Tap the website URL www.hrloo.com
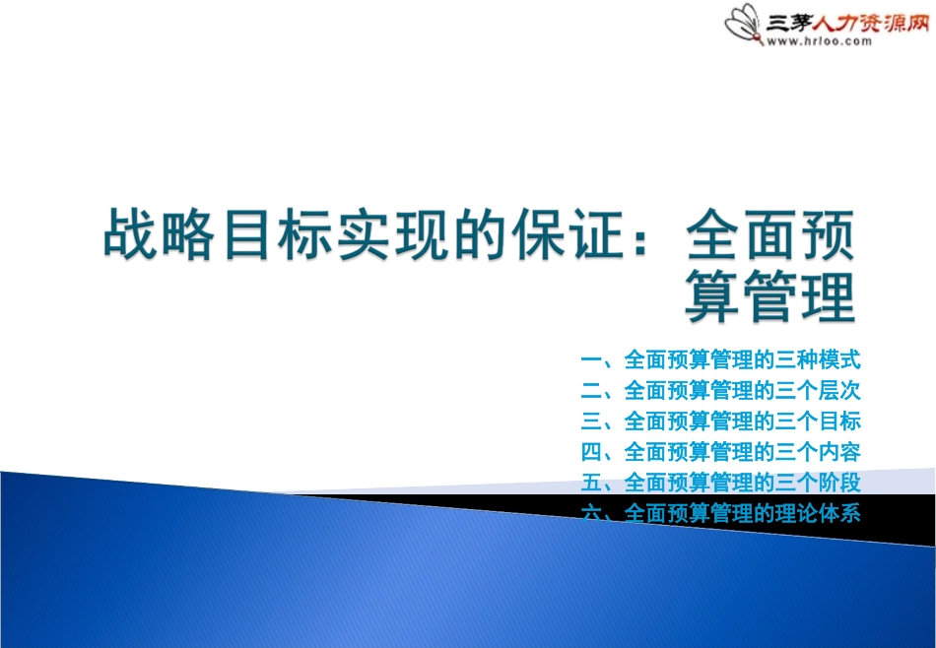tap(819, 41)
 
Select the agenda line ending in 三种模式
tap(721, 359)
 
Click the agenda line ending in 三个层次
tap(721, 390)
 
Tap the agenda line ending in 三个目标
tap(721, 421)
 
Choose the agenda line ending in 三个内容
tap(721, 452)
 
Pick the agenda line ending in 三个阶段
tap(721, 483)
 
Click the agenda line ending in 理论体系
tap(721, 513)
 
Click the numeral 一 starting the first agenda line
tap(591, 359)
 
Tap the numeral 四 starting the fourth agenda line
tap(591, 452)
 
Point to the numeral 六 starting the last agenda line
tap(591, 513)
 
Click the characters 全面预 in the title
tap(769, 234)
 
